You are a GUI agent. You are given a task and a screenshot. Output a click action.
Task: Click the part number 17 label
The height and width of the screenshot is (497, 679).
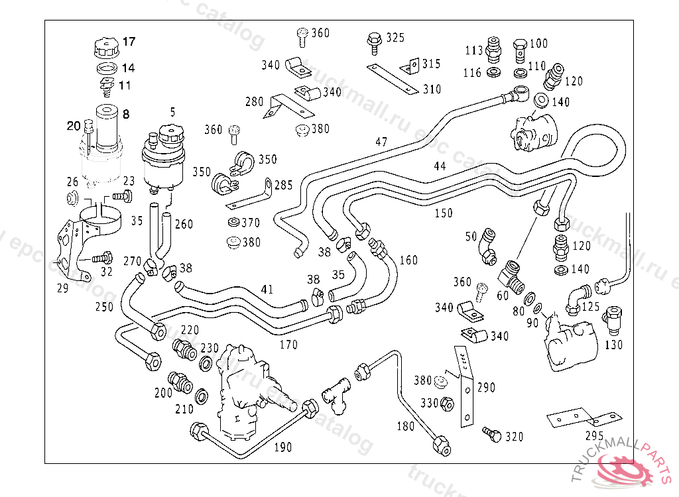tap(129, 42)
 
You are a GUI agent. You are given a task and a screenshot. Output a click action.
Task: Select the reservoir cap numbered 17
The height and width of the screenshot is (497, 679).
tap(105, 48)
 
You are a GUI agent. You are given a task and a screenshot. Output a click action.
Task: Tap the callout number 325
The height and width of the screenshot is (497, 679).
tap(395, 38)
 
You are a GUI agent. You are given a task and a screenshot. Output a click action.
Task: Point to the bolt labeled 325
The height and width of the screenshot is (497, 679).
tap(374, 42)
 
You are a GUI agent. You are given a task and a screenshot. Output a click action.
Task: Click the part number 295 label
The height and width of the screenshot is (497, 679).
tap(594, 436)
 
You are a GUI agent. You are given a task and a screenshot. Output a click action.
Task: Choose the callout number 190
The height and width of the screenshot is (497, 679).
tap(282, 447)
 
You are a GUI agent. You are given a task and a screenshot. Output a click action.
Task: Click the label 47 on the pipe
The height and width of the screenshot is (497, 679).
tap(381, 142)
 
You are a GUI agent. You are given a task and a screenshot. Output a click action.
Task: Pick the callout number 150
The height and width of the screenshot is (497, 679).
tap(444, 213)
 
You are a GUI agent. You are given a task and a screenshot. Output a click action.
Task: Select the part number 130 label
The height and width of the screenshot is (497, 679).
tap(615, 345)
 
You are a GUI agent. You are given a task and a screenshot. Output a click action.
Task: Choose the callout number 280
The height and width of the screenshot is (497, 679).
tap(255, 102)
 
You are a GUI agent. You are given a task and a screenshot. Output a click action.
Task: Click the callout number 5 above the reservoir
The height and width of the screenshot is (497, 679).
tap(172, 113)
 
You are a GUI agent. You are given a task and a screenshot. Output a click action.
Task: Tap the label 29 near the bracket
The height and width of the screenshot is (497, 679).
tap(62, 288)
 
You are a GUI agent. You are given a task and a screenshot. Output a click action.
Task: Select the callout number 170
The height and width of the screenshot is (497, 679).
tap(288, 345)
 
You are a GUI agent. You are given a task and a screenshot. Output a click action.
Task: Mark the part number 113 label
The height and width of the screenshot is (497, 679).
tap(473, 50)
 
